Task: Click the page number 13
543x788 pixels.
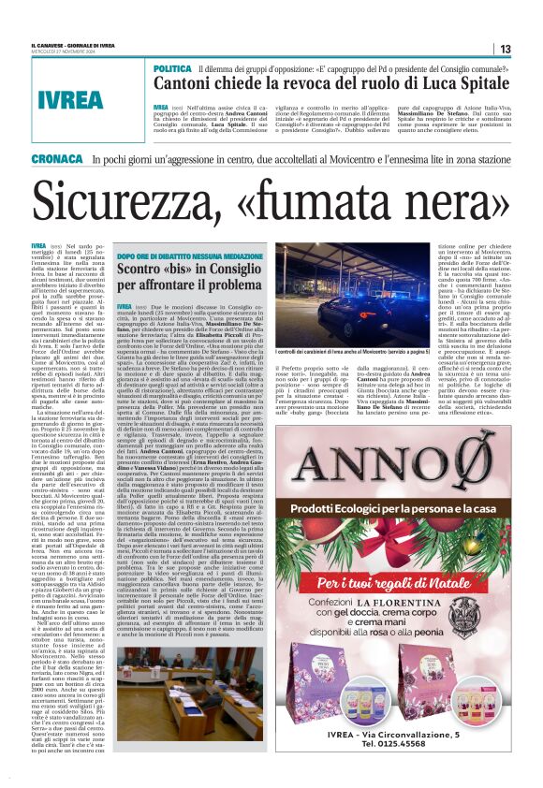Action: click(x=505, y=49)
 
